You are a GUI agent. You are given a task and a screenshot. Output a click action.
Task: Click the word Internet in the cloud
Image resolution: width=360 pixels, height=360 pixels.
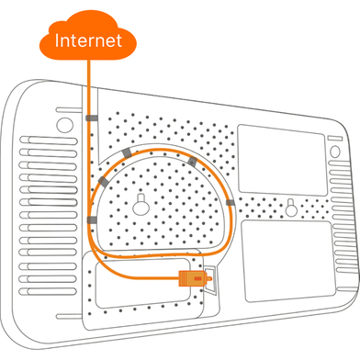88,40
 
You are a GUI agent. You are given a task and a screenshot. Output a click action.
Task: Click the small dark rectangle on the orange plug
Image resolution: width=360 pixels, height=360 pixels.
198,278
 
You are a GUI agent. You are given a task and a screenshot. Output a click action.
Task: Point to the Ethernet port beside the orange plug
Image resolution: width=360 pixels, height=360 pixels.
210,280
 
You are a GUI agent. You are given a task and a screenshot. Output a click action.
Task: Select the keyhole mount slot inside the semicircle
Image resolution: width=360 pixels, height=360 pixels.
141,204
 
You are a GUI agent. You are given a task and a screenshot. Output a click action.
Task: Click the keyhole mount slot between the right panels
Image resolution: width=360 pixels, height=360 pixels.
290,208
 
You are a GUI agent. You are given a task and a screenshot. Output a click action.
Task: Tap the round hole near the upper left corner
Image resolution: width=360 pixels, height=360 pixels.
65,125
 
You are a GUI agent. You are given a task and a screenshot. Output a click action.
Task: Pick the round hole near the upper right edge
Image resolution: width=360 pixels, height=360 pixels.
335,152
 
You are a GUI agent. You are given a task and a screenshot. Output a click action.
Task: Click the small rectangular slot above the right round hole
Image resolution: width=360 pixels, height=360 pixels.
335,138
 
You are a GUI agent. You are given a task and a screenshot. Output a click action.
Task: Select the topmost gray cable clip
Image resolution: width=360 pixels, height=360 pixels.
92,118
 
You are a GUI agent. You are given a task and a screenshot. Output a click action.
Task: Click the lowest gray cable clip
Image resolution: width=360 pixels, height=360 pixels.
92,219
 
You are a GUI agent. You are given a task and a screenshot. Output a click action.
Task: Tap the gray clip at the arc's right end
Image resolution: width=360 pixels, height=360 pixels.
231,202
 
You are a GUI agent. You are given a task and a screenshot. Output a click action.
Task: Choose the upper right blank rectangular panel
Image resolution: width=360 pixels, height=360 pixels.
281,160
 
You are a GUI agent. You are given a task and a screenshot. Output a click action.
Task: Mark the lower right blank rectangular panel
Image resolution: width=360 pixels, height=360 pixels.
288,261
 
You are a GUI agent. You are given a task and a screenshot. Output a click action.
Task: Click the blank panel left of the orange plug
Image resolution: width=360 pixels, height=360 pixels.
142,283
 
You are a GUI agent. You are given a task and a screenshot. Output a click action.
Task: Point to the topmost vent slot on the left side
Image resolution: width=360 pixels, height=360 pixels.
49,141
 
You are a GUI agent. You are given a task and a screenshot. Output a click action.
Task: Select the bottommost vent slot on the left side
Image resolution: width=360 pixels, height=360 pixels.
47,291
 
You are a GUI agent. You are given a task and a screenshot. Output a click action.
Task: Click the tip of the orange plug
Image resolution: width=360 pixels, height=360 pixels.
210,278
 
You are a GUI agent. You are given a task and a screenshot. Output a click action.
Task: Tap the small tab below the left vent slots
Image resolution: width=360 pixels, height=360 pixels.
69,316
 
